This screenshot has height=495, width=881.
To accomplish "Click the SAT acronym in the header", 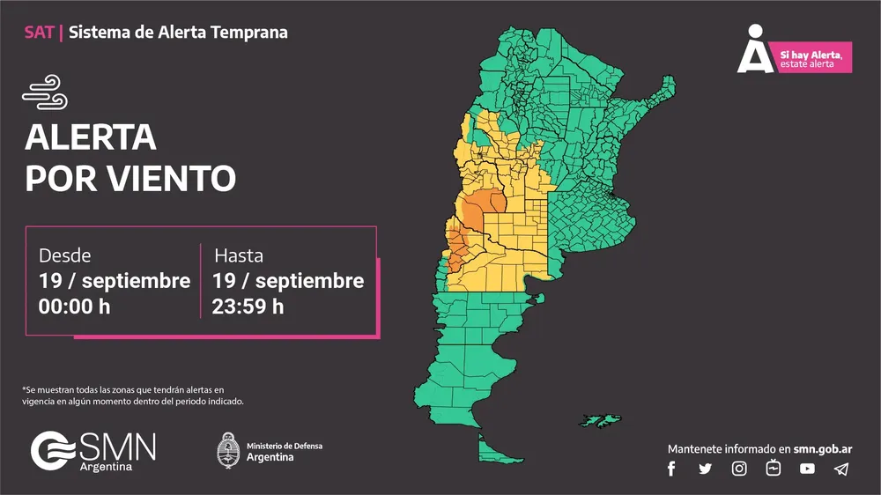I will [40, 33].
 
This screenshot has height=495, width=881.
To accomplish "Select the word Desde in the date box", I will [64, 255].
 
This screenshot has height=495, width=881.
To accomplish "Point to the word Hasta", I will [239, 255].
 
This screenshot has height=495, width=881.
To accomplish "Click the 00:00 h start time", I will [74, 307].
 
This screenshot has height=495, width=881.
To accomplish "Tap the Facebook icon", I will [671, 469].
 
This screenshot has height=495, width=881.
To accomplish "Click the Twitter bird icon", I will [705, 469].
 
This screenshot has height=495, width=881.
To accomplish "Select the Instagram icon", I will [739, 469].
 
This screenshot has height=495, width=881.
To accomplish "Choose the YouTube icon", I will [807, 469].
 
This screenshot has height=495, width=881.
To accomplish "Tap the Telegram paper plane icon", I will [841, 469].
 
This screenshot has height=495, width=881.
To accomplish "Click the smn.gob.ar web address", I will [823, 448].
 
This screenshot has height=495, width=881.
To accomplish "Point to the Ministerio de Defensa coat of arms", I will [228, 450].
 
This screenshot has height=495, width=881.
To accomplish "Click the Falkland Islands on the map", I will [602, 419].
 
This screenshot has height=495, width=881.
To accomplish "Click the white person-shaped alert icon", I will [753, 51].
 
